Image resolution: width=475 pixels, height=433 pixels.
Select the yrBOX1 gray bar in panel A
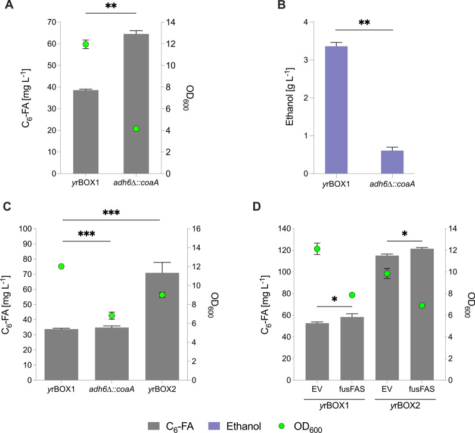[x=86, y=131]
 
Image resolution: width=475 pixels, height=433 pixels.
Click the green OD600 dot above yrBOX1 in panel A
[x=86, y=44]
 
